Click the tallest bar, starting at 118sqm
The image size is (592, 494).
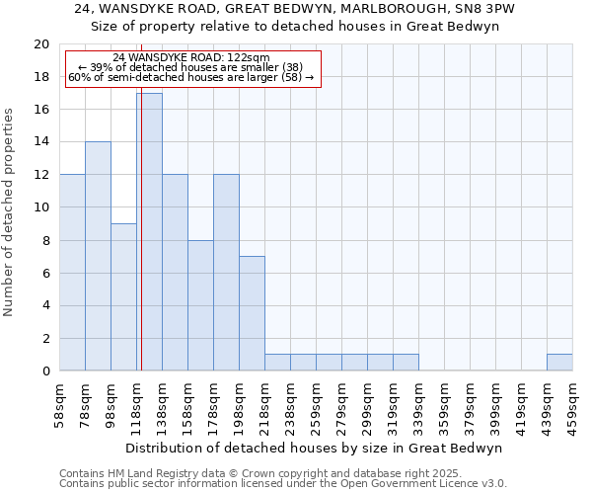[149, 232]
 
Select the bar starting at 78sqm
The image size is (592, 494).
[98, 257]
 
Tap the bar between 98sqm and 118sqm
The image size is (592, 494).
[123, 297]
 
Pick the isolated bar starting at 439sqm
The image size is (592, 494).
[559, 363]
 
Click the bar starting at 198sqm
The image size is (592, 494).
[252, 313]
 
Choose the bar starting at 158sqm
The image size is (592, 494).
[200, 305]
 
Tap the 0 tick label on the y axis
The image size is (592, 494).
[44, 371]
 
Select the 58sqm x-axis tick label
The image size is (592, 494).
[60, 403]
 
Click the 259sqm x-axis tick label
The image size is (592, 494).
[317, 403]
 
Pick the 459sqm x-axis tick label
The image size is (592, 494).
[573, 403]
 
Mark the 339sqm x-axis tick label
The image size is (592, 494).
[419, 403]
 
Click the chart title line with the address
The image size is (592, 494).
[296, 9]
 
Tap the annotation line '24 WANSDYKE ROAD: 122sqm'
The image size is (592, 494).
[191, 58]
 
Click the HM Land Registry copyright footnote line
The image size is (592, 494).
[254, 474]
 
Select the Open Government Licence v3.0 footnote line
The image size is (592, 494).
[283, 484]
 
